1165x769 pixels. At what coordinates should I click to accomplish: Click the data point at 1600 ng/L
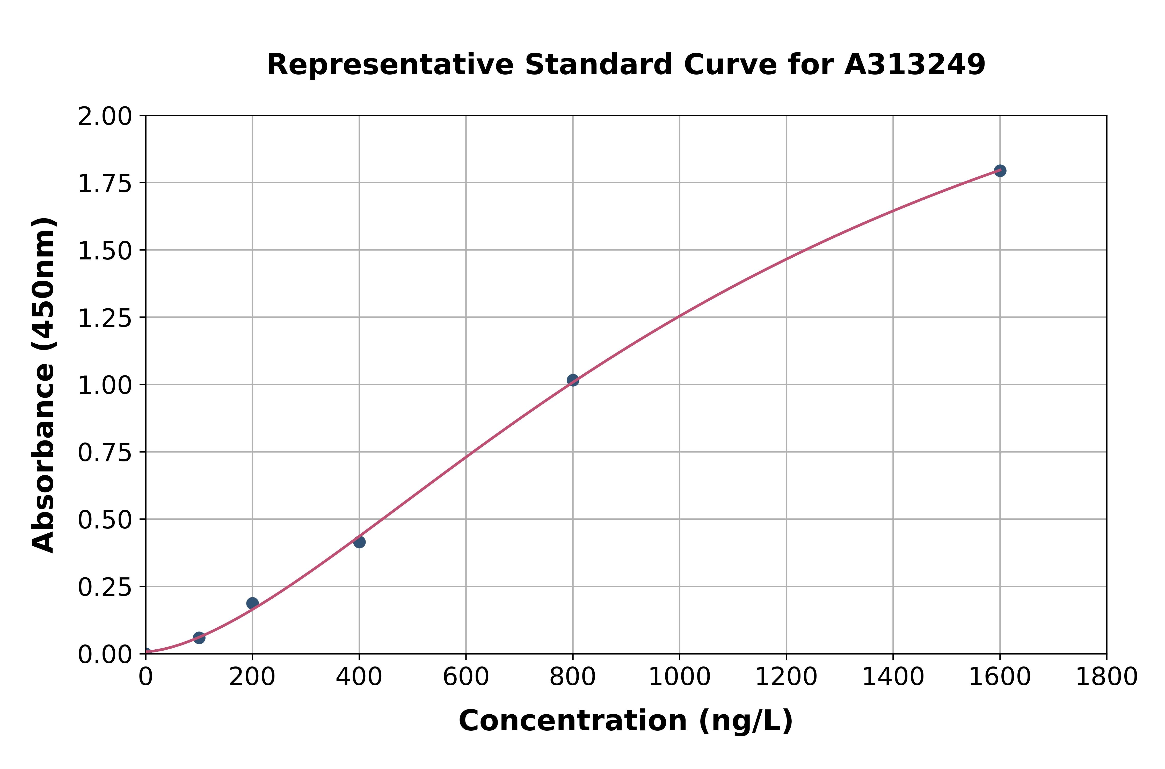click(x=1000, y=171)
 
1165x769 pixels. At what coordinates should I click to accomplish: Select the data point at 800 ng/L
click(x=573, y=380)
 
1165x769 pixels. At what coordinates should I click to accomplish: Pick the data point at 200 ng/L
click(x=252, y=603)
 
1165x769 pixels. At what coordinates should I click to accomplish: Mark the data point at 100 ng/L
click(x=199, y=637)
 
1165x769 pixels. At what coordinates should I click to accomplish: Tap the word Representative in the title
click(x=390, y=65)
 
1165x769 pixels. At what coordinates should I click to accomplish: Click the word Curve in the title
click(x=731, y=65)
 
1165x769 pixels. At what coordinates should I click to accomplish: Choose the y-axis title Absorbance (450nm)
click(x=43, y=385)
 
